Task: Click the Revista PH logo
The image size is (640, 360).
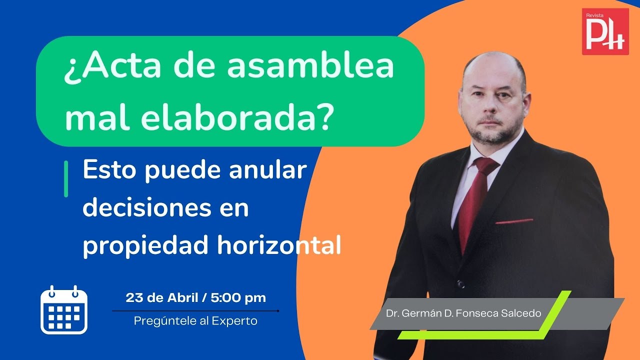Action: (x=605, y=31)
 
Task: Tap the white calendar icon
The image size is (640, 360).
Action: (x=64, y=310)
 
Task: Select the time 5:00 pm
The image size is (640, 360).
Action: (x=238, y=298)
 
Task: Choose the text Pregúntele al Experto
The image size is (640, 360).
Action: (x=195, y=321)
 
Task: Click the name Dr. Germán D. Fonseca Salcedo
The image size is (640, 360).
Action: (x=463, y=313)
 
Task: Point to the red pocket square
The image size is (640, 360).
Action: (x=513, y=221)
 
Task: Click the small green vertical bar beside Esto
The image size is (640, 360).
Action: (x=66, y=179)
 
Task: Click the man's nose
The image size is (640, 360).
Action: (x=489, y=107)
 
